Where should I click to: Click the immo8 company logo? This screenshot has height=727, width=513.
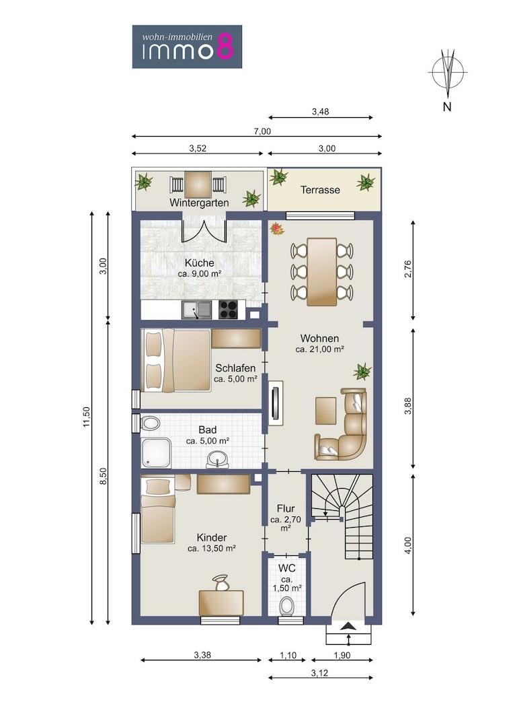pos(187,47)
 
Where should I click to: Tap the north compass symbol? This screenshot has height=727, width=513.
pos(447,72)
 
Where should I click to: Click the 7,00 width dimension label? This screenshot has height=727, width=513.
pos(262,131)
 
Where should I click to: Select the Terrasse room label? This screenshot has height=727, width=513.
pos(320,190)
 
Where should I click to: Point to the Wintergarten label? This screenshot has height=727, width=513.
pos(199,203)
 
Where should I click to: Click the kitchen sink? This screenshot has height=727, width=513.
pos(196,310)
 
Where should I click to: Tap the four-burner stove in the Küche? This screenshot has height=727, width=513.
pos(228,310)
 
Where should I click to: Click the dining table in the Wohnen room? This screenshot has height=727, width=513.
pos(322,272)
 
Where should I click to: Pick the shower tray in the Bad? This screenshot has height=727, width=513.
pos(157,452)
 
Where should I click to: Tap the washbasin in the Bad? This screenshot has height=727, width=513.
pos(217,460)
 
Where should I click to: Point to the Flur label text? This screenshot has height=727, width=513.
pos(286,508)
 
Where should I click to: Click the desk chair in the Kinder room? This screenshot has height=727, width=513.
pos(221,583)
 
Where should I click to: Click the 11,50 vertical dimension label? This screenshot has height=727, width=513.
pos(87,417)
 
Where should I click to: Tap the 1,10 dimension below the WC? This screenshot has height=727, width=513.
pos(288,656)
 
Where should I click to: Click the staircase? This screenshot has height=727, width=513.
pos(342,518)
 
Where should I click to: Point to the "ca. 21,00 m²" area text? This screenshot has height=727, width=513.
pos(319,349)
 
